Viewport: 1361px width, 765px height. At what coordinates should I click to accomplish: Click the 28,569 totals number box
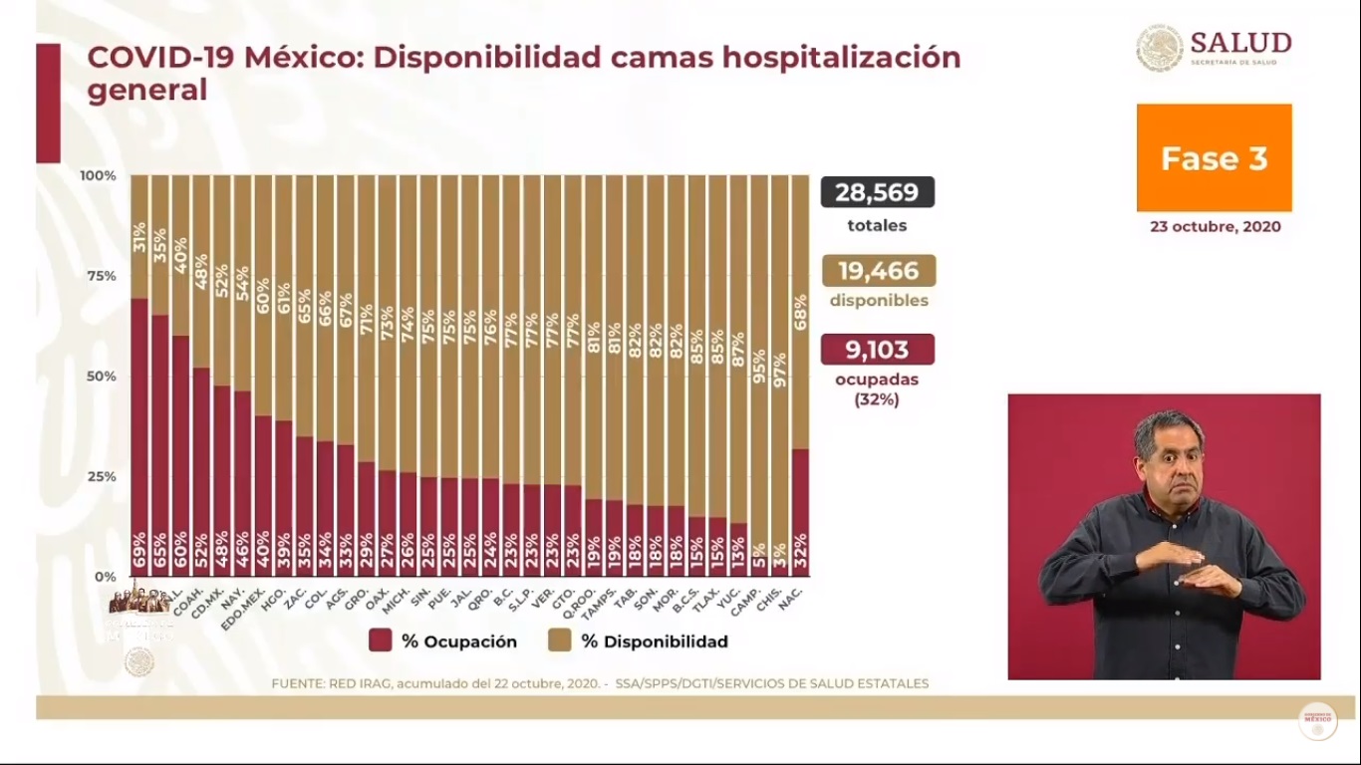(x=877, y=191)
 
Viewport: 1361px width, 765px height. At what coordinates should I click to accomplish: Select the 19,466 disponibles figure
(x=877, y=270)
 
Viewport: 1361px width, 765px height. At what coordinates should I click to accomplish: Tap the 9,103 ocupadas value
(x=877, y=350)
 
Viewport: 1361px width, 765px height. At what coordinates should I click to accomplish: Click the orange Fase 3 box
(x=1214, y=158)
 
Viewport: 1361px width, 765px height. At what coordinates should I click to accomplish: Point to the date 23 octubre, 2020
(x=1215, y=227)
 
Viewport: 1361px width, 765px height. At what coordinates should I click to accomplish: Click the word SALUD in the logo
(x=1240, y=43)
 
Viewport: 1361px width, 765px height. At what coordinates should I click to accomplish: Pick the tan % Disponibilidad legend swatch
(x=560, y=640)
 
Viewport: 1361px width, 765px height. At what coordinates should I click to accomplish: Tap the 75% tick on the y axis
(x=98, y=276)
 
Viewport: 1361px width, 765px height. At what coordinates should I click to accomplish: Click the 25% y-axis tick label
(x=98, y=476)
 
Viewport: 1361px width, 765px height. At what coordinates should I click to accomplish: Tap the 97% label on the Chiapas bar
(x=779, y=370)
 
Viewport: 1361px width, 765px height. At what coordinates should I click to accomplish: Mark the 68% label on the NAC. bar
(x=800, y=312)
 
